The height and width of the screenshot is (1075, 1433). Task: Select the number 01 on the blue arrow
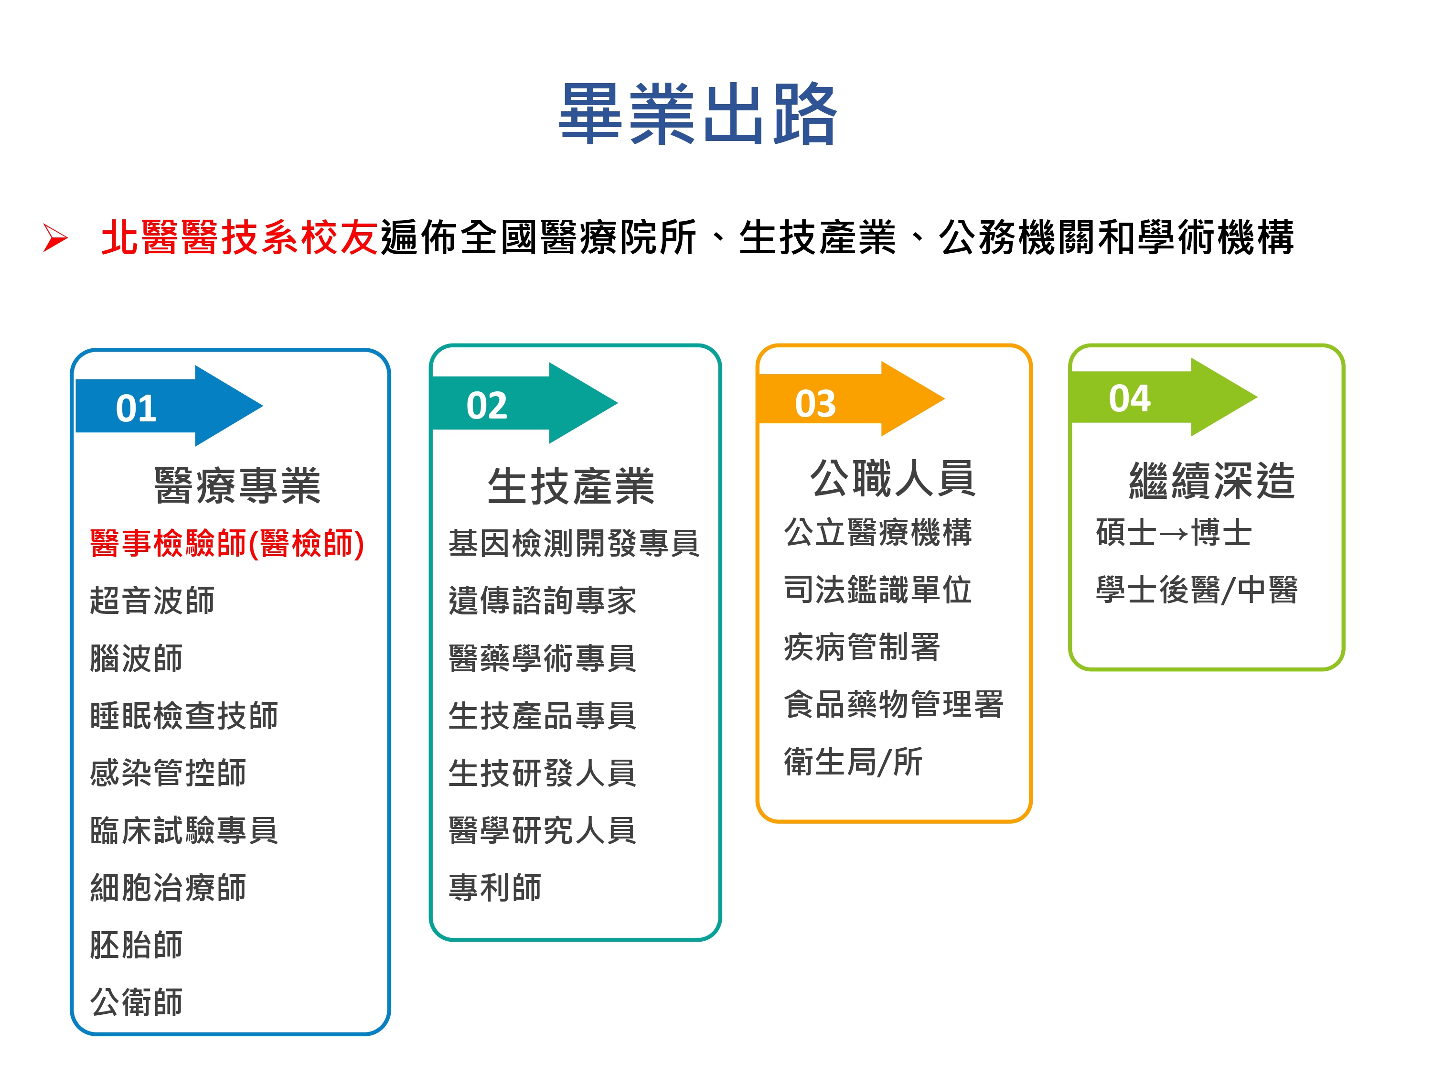click(x=136, y=409)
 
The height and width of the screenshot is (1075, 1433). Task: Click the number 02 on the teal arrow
click(x=487, y=406)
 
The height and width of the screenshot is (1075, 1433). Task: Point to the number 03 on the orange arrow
click(x=816, y=404)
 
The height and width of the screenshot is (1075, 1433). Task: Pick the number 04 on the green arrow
click(x=1129, y=398)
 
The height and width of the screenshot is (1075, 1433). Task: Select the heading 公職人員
click(x=893, y=478)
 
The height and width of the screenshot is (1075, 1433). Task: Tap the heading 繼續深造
click(x=1211, y=481)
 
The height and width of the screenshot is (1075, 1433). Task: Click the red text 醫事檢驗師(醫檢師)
click(x=227, y=543)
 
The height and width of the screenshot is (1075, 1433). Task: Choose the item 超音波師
click(x=152, y=600)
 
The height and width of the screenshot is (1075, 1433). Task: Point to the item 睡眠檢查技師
click(x=184, y=715)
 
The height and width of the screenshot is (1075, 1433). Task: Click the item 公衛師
click(x=137, y=1002)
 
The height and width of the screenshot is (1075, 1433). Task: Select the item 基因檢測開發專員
click(x=574, y=543)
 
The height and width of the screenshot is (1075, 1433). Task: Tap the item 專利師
click(x=495, y=887)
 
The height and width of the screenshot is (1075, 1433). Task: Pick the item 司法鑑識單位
click(x=878, y=590)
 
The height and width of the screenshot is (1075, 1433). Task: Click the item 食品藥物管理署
click(x=893, y=704)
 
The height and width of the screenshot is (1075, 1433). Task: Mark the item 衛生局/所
click(x=853, y=762)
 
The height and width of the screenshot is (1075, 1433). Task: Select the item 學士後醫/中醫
click(x=1197, y=590)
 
